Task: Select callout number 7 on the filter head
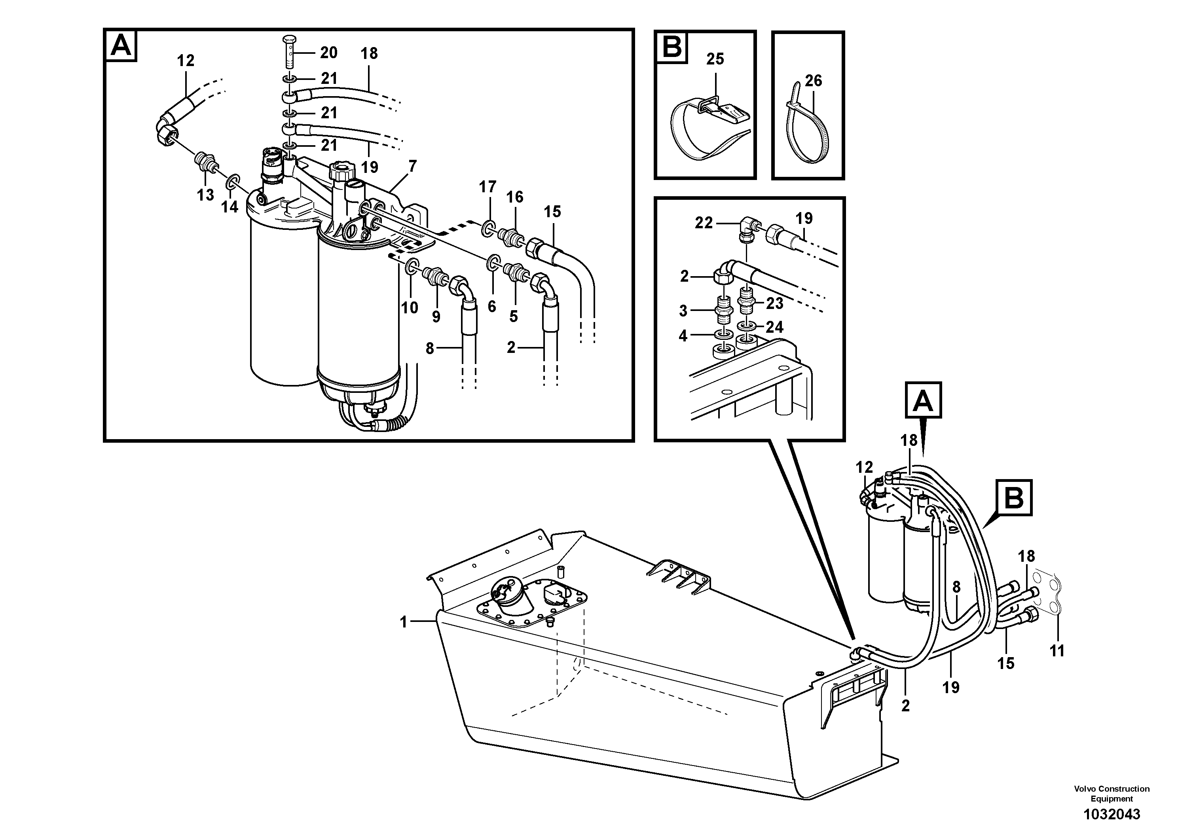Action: click(412, 166)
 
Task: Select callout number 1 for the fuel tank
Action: click(403, 622)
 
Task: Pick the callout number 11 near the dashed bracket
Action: click(1057, 651)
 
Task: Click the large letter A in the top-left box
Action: click(121, 45)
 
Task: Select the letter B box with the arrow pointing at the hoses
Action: click(1013, 498)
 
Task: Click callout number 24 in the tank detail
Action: click(774, 327)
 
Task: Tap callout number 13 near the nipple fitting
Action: click(205, 195)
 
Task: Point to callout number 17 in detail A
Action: click(488, 187)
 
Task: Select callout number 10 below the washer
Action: click(410, 307)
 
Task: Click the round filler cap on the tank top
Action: click(508, 595)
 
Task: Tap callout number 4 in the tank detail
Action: click(683, 335)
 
